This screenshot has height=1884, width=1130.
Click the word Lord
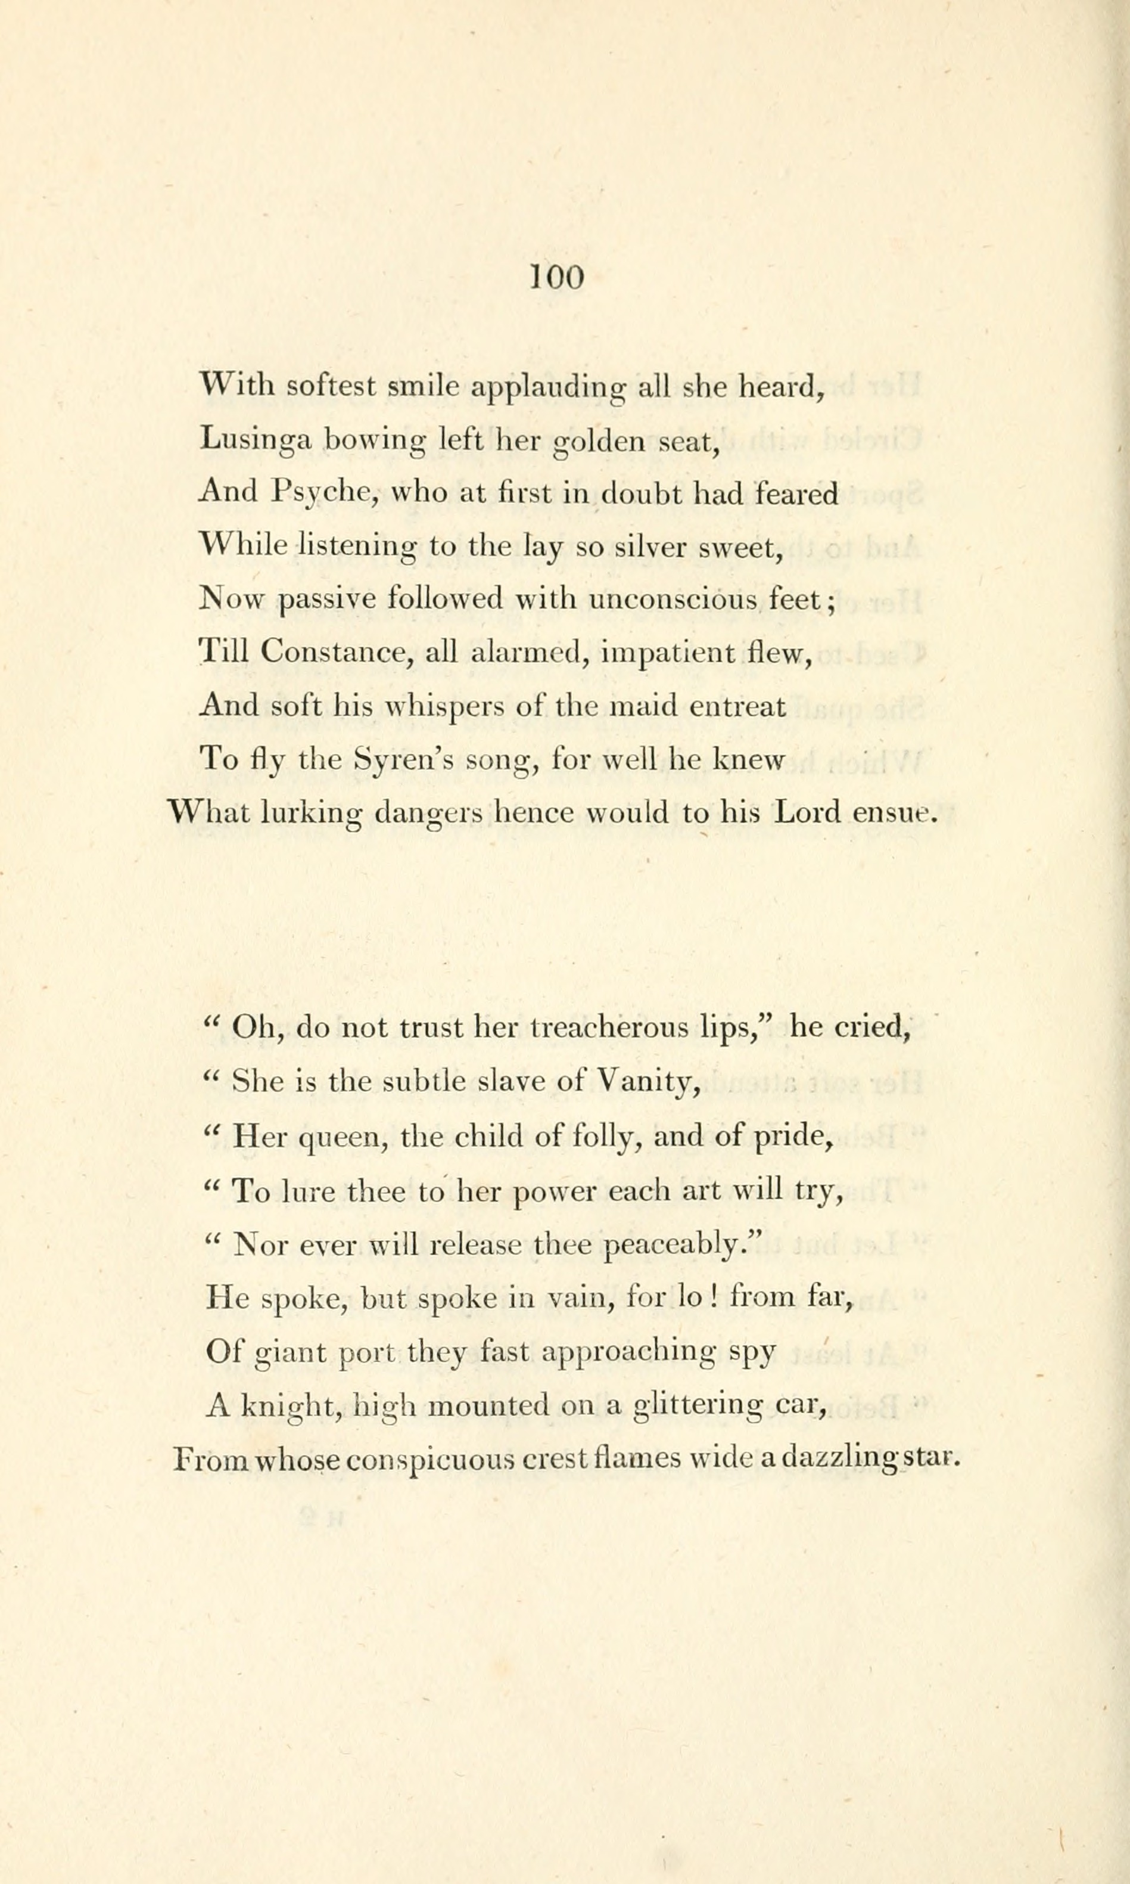tap(807, 812)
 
